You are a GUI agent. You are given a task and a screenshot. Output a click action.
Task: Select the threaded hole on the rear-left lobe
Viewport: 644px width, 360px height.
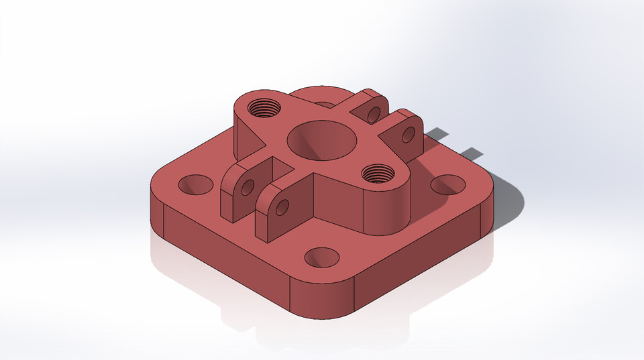[x=262, y=107]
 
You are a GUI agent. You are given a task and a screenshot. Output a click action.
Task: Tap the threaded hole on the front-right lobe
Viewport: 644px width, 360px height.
[x=377, y=174]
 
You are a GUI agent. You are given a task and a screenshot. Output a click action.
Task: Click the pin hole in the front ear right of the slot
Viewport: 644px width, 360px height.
[x=282, y=206]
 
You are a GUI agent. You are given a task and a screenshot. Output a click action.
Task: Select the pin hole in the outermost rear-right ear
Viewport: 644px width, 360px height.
[x=408, y=135]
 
